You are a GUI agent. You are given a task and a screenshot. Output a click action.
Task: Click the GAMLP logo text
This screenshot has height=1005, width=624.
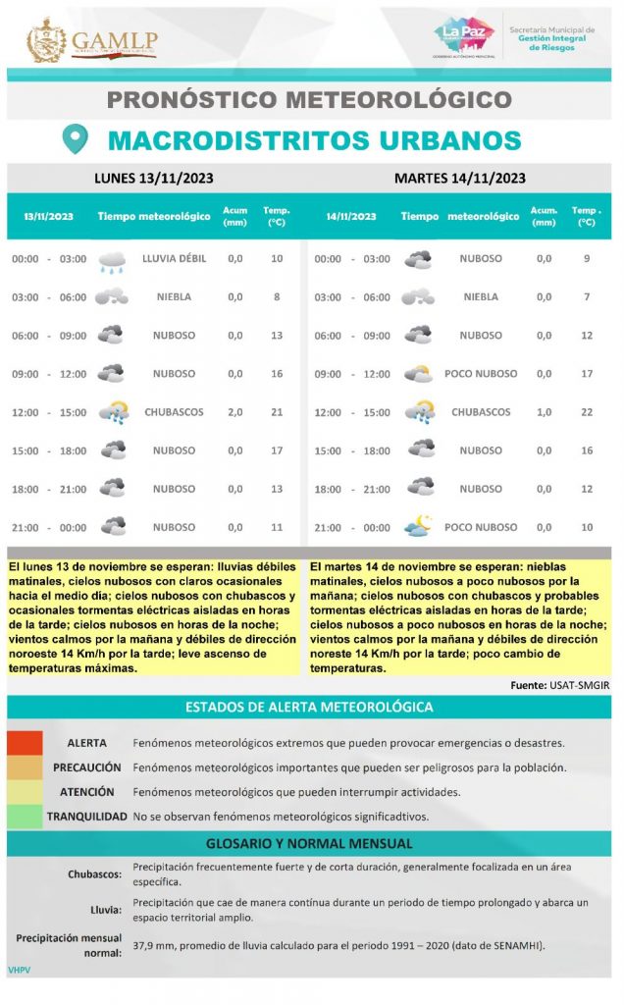click(x=114, y=40)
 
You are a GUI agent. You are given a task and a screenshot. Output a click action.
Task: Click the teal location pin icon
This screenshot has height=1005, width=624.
click(x=76, y=138)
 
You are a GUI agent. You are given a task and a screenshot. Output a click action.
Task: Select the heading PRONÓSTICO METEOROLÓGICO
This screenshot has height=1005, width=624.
click(x=308, y=99)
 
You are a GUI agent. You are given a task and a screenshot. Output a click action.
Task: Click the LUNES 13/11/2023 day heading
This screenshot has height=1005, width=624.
click(x=154, y=178)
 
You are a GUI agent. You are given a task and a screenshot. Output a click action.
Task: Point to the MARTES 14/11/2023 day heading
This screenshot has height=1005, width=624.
click(x=459, y=178)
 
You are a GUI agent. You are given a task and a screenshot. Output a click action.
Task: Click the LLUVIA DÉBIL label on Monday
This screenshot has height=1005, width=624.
click(x=174, y=259)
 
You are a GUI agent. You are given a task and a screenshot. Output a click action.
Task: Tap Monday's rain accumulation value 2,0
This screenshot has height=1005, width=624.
click(x=235, y=412)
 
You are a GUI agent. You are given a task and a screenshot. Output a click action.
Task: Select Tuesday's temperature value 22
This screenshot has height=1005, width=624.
click(x=586, y=412)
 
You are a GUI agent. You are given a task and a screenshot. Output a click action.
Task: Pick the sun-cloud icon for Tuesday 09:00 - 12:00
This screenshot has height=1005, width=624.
click(x=419, y=374)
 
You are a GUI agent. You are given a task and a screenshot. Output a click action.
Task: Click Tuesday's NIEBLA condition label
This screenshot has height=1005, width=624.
click(x=481, y=297)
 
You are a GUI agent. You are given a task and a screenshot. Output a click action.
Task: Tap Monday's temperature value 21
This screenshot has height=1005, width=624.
click(x=277, y=412)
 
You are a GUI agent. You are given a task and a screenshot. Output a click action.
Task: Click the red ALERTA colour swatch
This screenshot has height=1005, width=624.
click(x=25, y=743)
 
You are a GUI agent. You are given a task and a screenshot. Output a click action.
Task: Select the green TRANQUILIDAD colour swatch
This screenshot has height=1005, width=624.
click(x=25, y=816)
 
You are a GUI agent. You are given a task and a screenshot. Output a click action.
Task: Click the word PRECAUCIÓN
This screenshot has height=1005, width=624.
click(x=87, y=767)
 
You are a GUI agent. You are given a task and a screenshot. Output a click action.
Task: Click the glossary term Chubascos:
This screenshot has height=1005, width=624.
click(x=94, y=873)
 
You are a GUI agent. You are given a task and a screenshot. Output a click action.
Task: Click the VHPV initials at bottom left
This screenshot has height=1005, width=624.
click(x=20, y=970)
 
